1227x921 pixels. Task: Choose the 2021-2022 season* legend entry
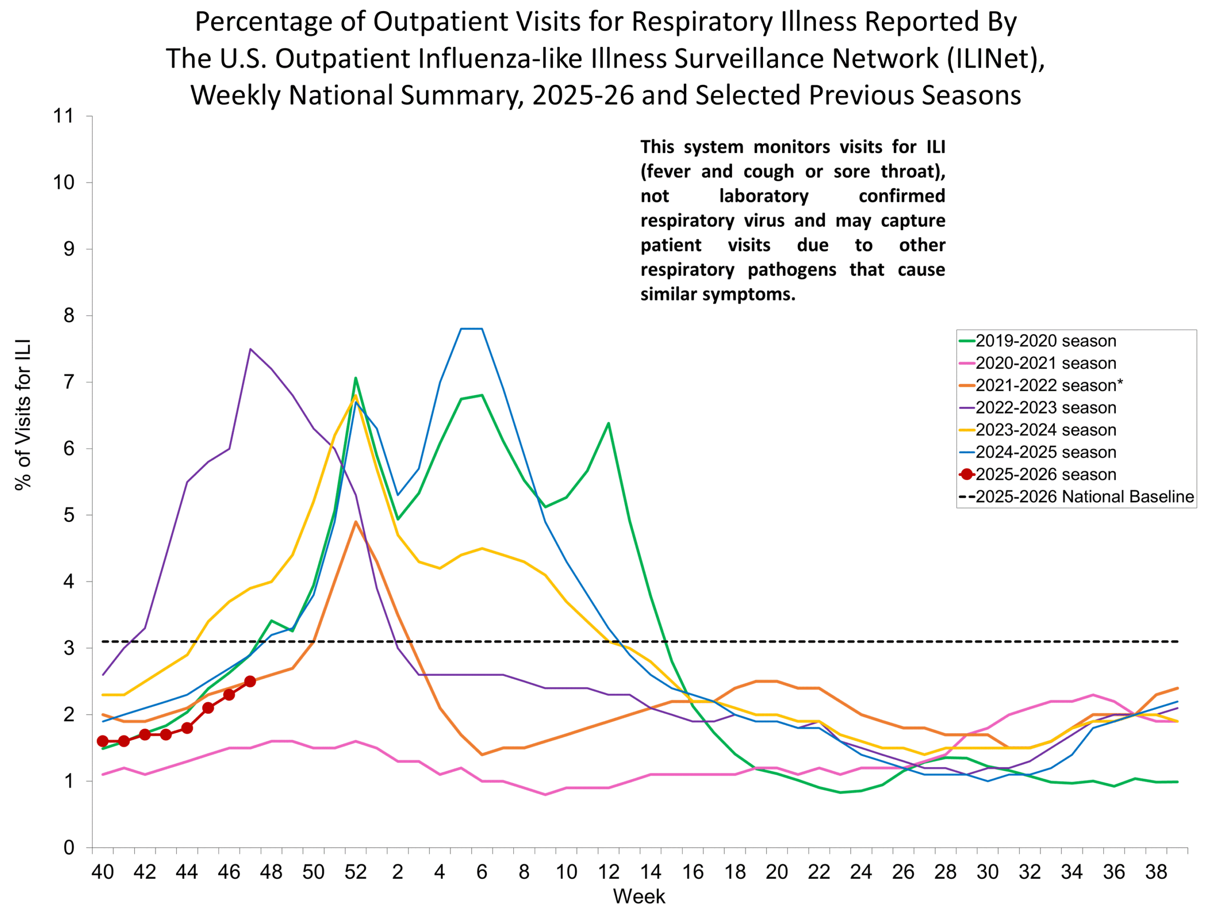coord(1048,385)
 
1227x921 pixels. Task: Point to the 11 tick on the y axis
coord(63,116)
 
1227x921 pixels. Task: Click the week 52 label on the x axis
coord(355,872)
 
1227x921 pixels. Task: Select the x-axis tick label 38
coord(1156,872)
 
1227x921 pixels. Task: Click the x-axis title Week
coord(638,897)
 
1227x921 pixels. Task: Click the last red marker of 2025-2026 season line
coord(250,681)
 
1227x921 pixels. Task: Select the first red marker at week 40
coord(103,741)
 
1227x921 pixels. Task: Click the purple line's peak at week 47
coord(250,349)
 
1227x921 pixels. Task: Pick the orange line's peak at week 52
coord(356,522)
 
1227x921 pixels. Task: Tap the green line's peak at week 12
coord(609,424)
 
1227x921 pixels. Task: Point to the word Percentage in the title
coord(279,22)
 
